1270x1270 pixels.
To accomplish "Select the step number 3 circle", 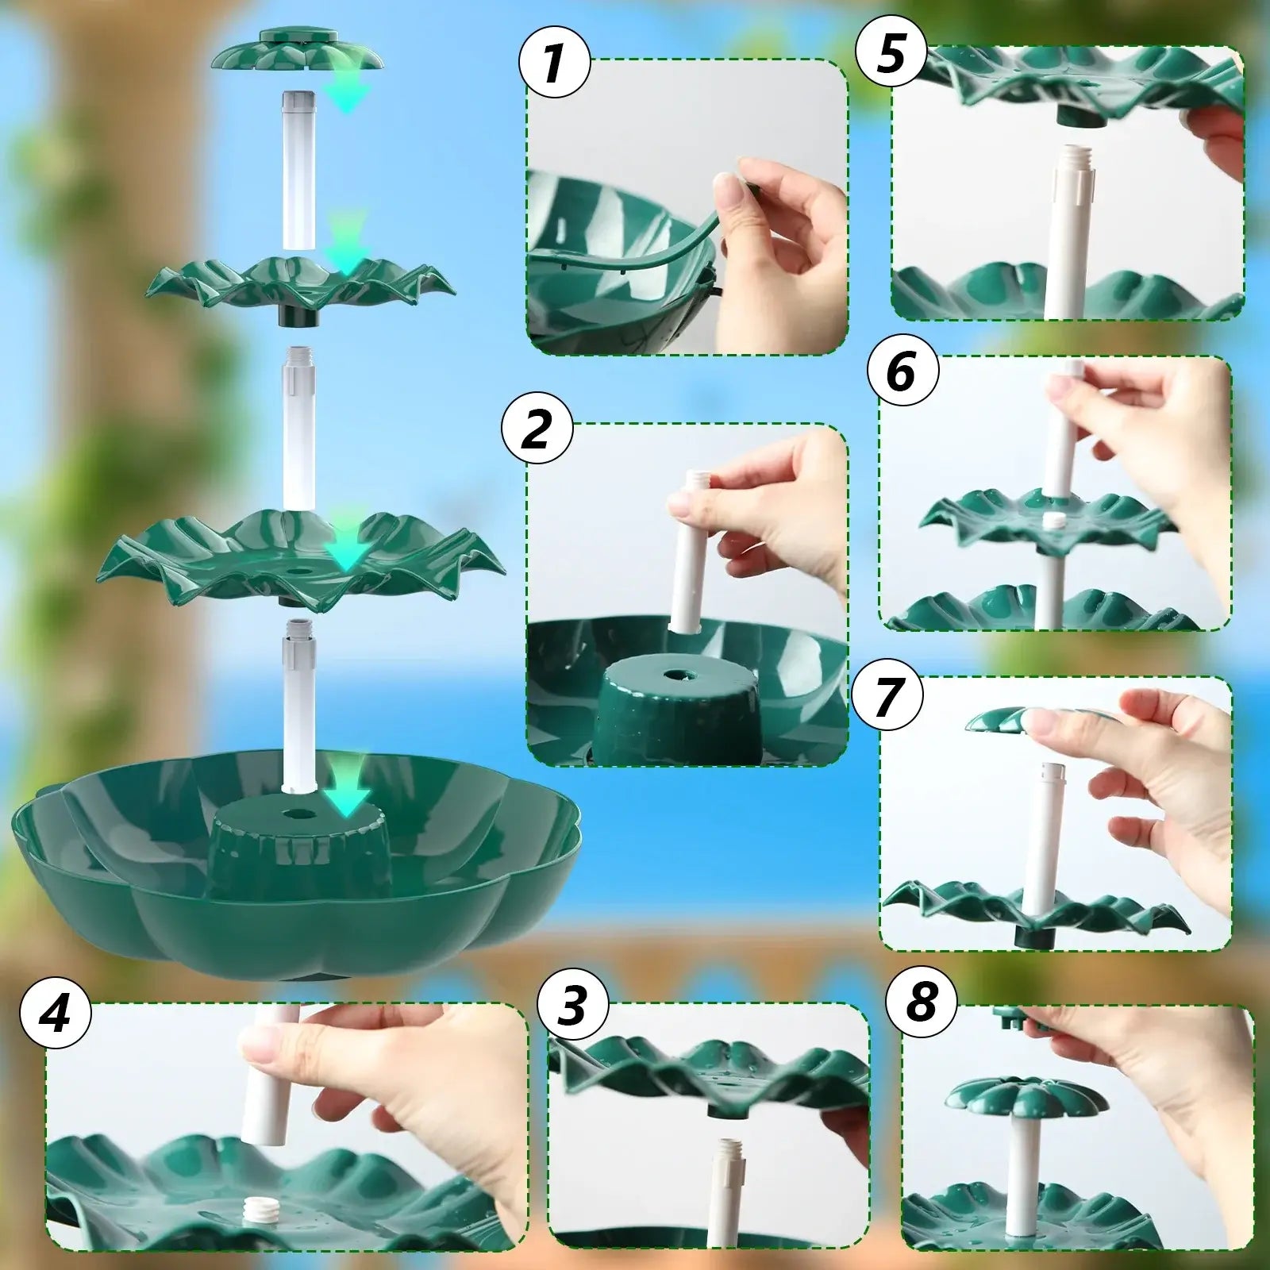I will click(572, 1003).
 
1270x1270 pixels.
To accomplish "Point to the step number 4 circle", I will click(56, 1014).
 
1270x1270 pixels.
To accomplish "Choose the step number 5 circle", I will click(891, 54).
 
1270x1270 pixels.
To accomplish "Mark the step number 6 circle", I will click(902, 370).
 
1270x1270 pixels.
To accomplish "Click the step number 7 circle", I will click(887, 695).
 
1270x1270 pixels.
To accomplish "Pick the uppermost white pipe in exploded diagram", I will click(298, 171).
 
